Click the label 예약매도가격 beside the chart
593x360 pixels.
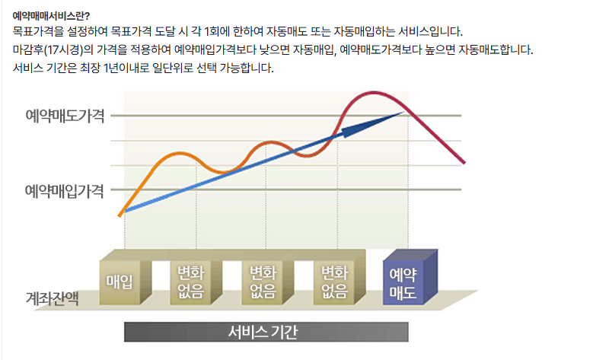pyautogui.click(x=65, y=116)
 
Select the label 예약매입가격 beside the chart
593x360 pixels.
pyautogui.click(x=65, y=190)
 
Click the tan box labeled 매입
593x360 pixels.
pyautogui.click(x=120, y=282)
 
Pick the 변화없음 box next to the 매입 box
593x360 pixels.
pyautogui.click(x=190, y=282)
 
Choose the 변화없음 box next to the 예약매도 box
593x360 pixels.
pyautogui.click(x=335, y=282)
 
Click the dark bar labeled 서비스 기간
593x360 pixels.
pyautogui.click(x=266, y=332)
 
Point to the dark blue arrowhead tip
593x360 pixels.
pyautogui.click(x=401, y=113)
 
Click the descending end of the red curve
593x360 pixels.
pyautogui.click(x=462, y=161)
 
